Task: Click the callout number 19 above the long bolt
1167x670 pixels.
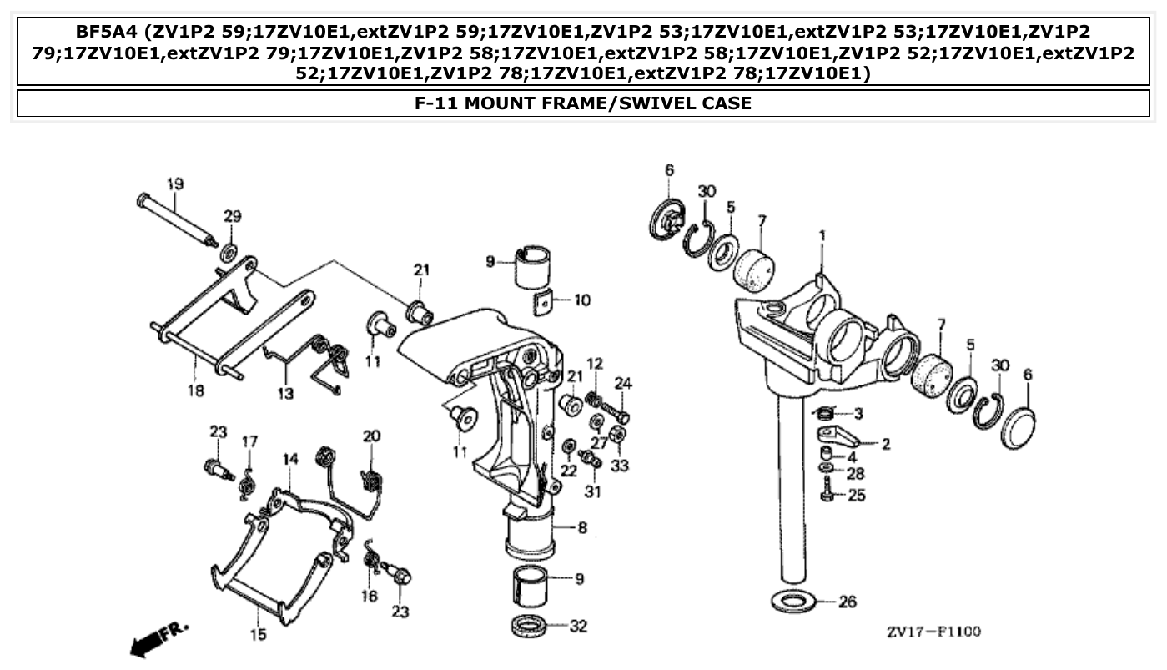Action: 174,184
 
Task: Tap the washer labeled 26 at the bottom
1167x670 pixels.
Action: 792,601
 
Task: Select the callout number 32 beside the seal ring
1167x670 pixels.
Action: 578,625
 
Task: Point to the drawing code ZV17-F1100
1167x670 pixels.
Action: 933,632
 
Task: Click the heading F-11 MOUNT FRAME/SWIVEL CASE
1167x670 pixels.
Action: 583,103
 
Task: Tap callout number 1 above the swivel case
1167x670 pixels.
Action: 822,237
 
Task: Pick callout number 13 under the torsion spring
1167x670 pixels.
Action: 286,393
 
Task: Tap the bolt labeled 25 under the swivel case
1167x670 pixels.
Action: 827,491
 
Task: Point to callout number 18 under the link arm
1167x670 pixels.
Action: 195,390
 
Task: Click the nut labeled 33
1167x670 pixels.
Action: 617,435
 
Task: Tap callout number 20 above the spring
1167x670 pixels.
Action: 371,436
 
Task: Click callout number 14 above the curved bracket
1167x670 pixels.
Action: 289,459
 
